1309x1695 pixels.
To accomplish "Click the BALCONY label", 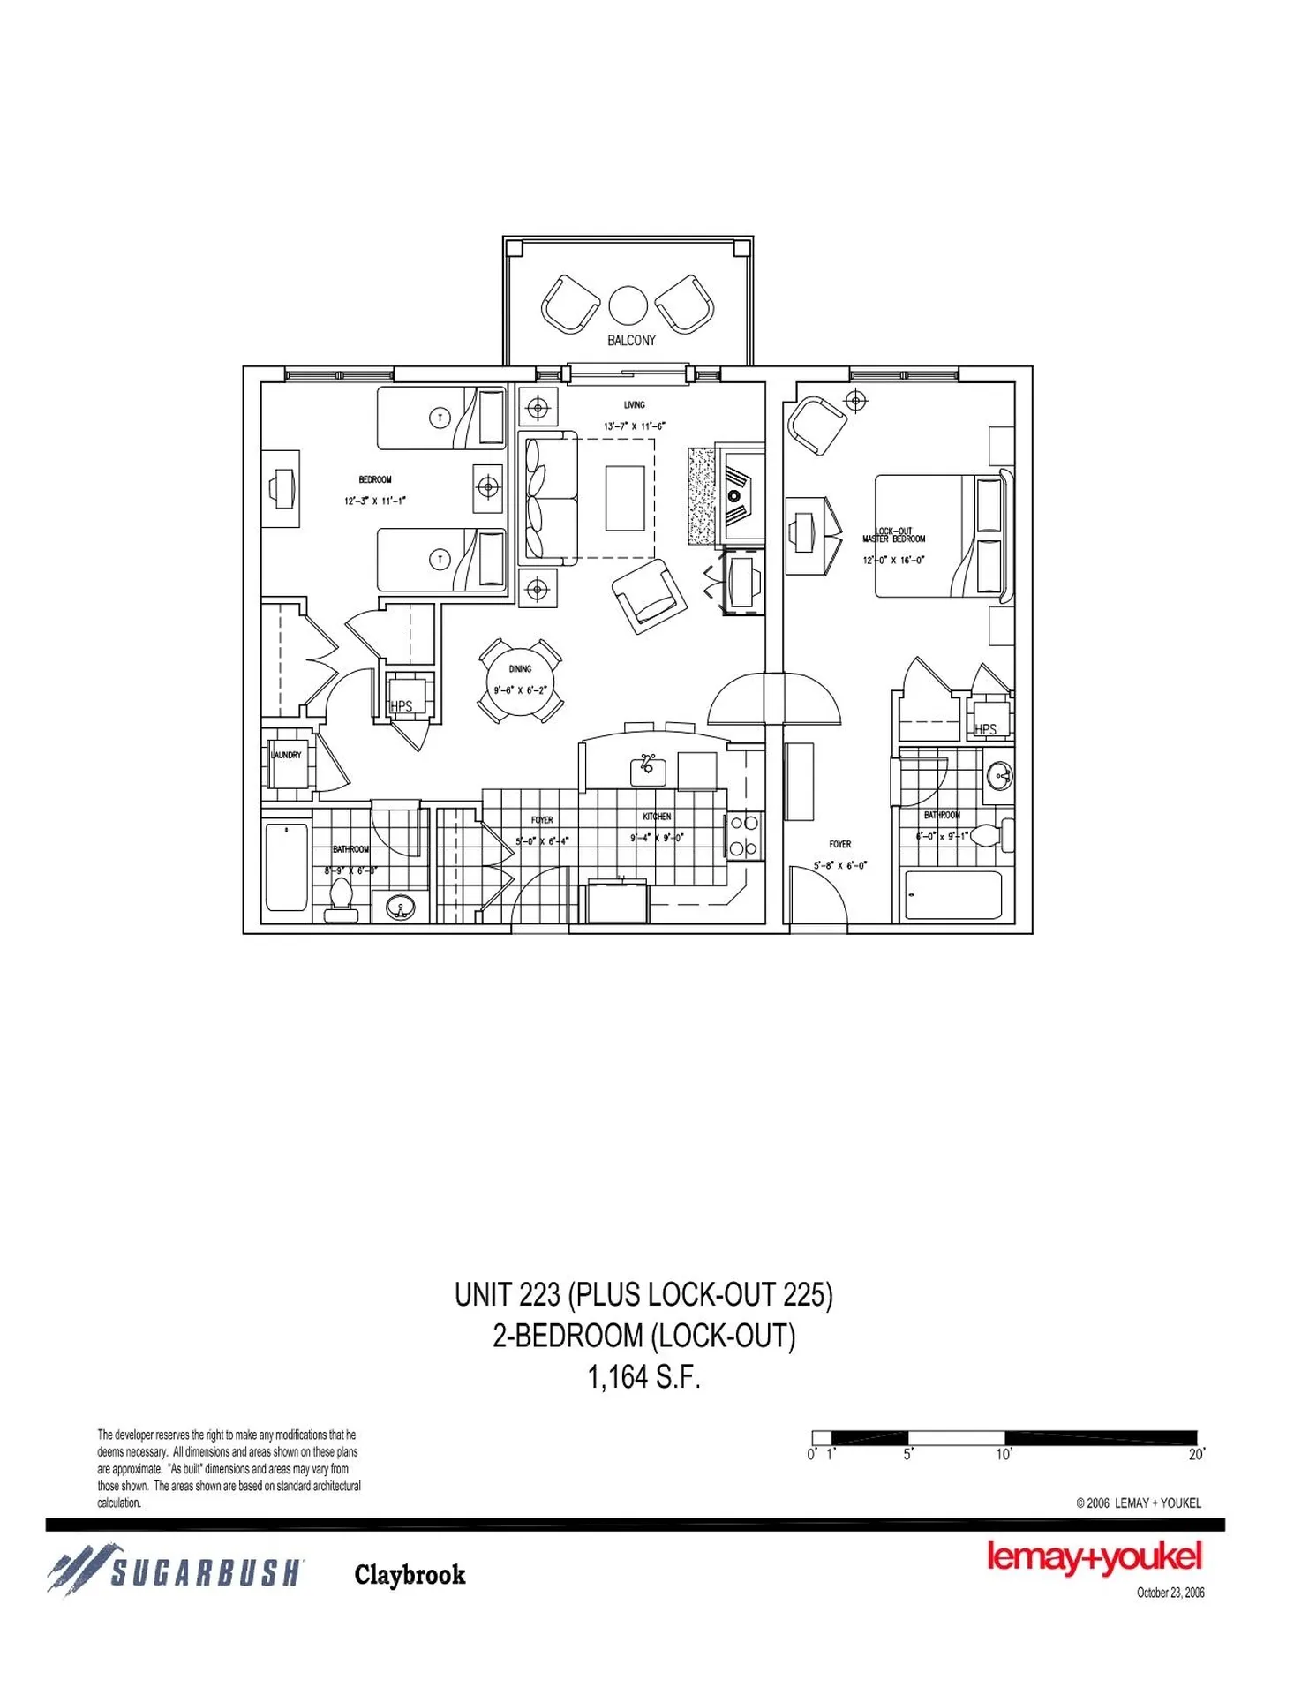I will pos(631,341).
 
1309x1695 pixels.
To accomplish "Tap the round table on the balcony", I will pos(628,305).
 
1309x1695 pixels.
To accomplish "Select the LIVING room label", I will pos(634,405).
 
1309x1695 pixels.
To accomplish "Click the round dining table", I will pos(520,681).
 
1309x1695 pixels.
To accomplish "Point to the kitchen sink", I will pos(648,770).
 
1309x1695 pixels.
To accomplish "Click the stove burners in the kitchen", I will pos(743,836).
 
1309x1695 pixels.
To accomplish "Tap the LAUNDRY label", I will pos(286,755).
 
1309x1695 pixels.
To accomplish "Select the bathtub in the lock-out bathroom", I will pos(953,895).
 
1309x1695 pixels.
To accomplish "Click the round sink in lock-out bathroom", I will pos(1000,777).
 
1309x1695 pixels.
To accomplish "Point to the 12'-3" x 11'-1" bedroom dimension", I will pos(375,501).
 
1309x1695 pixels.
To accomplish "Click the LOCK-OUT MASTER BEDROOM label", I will pos(894,536).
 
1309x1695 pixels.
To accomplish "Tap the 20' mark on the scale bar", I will pos(1196,1455).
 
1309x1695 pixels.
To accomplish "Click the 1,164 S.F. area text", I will pos(643,1377).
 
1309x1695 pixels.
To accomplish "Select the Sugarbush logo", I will pos(177,1571).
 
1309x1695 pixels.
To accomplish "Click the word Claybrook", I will pos(410,1575).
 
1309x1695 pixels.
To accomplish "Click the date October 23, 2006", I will pos(1170,1593).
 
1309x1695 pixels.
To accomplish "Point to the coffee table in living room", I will pos(625,498).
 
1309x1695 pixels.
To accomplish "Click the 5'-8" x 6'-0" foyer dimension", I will pos(839,865).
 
